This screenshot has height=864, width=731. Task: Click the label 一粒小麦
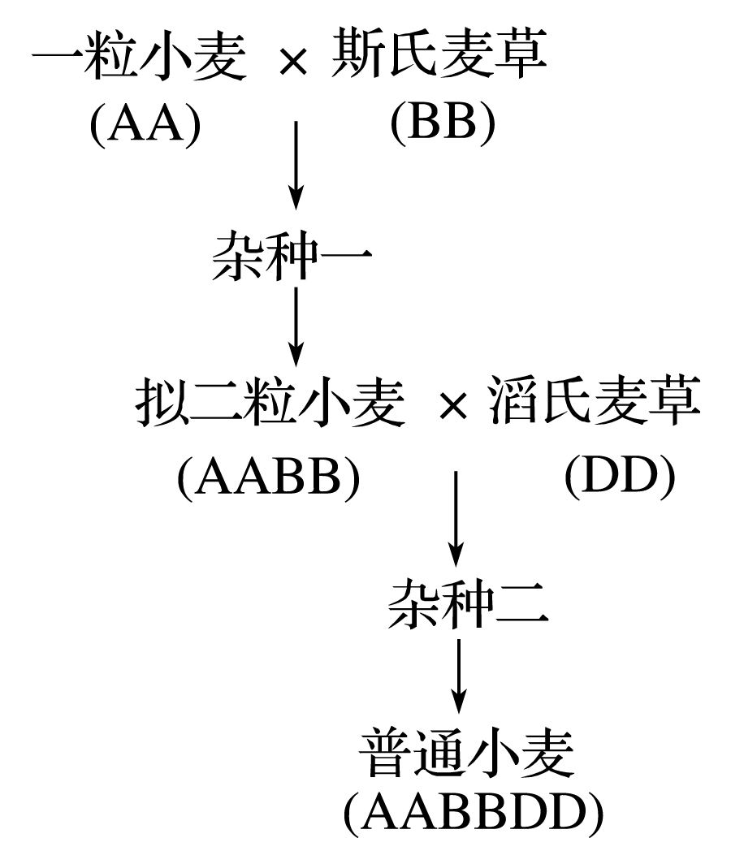coord(140,54)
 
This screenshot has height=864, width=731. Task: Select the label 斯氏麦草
coord(439,54)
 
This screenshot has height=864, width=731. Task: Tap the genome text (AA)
coord(145,124)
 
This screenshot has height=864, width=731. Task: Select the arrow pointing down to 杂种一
coord(296,166)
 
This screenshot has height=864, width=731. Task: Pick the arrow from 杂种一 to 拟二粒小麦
coord(296,326)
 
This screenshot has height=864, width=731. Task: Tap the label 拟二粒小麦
coord(270,402)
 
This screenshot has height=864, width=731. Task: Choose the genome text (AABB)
coord(269,477)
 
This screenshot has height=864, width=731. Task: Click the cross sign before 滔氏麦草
coord(454,407)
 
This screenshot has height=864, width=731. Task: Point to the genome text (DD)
coord(621,477)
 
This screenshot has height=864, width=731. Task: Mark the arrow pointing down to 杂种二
coord(456,519)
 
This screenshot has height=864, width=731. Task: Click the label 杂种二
coord(468,604)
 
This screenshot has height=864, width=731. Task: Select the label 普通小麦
coord(466,753)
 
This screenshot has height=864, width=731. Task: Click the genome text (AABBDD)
coord(474,814)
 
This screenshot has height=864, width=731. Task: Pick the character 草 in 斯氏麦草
coord(521,54)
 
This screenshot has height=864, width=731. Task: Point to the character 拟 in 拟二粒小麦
coord(161,402)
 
